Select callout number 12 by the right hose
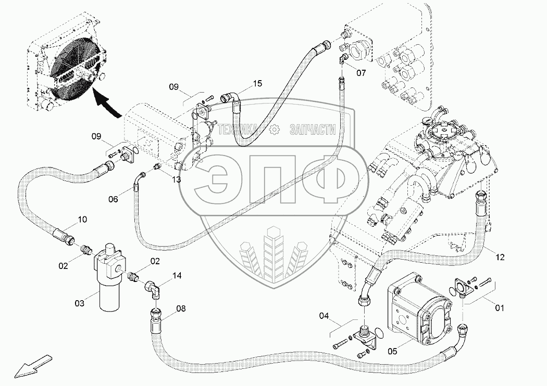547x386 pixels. [500, 256]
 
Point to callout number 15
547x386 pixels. [258, 83]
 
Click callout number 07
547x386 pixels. [360, 73]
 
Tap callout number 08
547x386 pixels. [180, 308]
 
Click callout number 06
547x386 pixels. [114, 198]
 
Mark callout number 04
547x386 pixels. [325, 315]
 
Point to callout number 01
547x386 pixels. [500, 308]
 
